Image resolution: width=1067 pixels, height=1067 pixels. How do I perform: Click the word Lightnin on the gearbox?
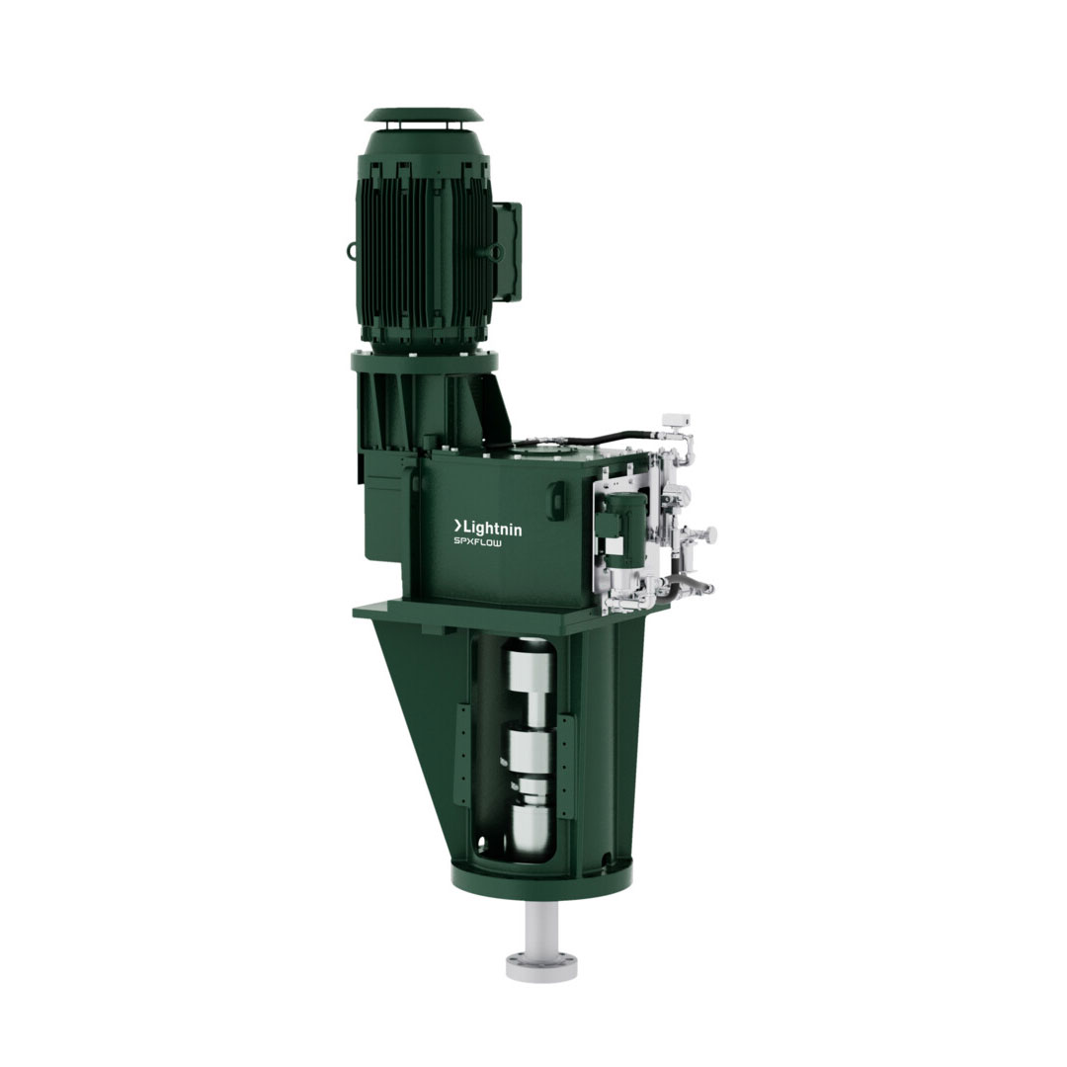(x=493, y=528)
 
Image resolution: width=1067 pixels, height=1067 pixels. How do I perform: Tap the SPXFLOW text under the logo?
(x=478, y=543)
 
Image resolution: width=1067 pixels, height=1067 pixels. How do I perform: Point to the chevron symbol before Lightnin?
(x=458, y=526)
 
